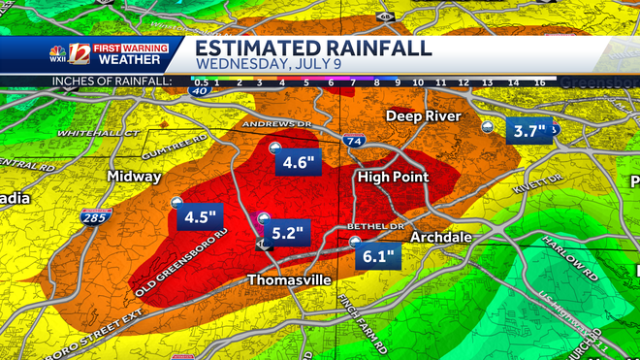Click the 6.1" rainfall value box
[377, 257]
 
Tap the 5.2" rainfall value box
[287, 234]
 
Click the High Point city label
[392, 178]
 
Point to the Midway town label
[135, 178]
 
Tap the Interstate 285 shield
[95, 218]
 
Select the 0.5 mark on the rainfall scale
[201, 82]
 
